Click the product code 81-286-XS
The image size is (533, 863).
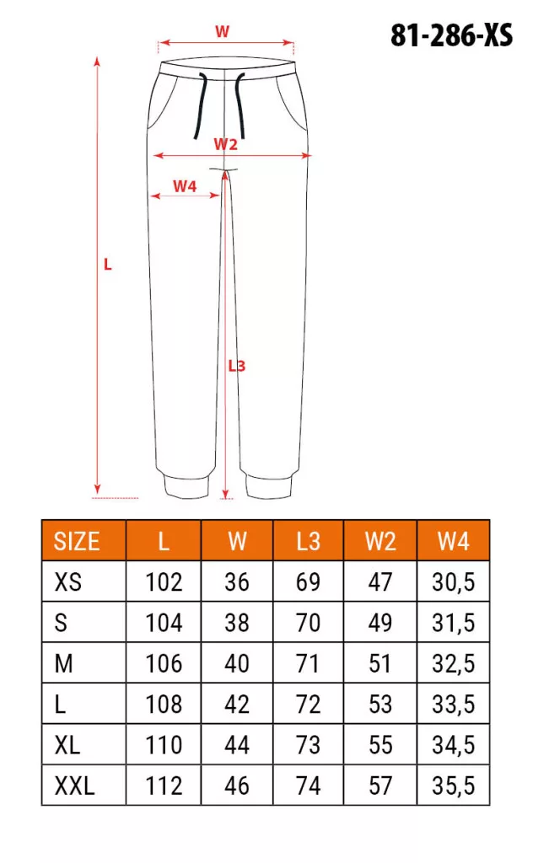[x=451, y=35]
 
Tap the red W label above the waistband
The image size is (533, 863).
[x=222, y=31]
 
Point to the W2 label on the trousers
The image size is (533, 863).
[x=226, y=144]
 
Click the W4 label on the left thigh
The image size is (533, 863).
[x=185, y=186]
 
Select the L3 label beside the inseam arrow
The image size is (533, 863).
[x=237, y=366]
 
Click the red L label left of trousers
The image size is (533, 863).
[x=108, y=265]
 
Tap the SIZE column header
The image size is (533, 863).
[x=77, y=541]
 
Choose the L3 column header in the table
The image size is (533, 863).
[x=308, y=541]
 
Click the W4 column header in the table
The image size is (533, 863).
[x=453, y=541]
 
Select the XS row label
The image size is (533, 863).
[x=67, y=582]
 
